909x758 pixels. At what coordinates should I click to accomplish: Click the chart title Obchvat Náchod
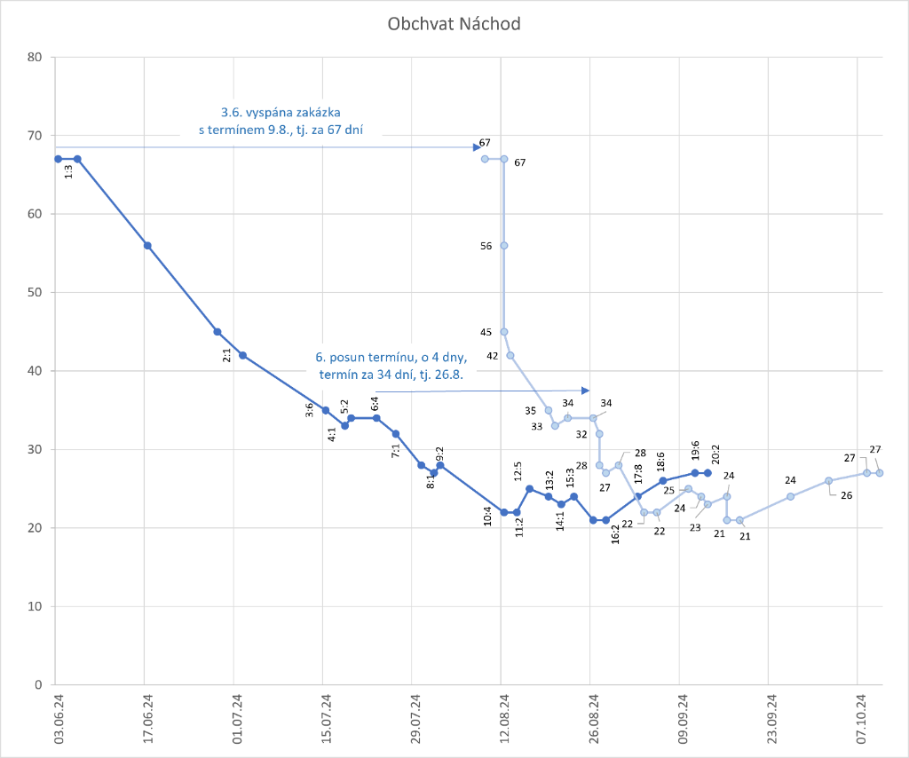click(x=454, y=24)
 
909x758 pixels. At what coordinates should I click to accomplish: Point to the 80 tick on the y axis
click(x=36, y=58)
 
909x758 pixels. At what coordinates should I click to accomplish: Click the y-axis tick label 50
click(x=36, y=293)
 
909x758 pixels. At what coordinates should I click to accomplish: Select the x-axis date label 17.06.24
click(x=147, y=722)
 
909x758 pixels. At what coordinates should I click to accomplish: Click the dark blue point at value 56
click(x=147, y=246)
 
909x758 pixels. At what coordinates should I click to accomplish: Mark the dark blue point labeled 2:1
click(x=242, y=355)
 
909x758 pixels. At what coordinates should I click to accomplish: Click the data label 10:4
click(x=488, y=516)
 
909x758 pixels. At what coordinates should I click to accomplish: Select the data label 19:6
click(x=695, y=452)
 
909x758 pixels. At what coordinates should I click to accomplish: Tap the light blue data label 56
click(x=486, y=247)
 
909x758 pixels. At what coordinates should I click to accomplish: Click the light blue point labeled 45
click(x=504, y=332)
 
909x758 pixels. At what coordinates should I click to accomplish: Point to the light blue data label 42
click(x=492, y=356)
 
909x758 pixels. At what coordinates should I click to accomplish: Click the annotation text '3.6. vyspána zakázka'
click(x=281, y=113)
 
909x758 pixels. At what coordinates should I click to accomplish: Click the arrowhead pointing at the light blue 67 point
click(x=477, y=147)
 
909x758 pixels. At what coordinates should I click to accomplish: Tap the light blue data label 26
click(x=846, y=495)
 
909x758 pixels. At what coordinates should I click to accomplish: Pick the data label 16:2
click(x=615, y=533)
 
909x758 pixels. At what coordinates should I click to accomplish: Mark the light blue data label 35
click(x=530, y=411)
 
